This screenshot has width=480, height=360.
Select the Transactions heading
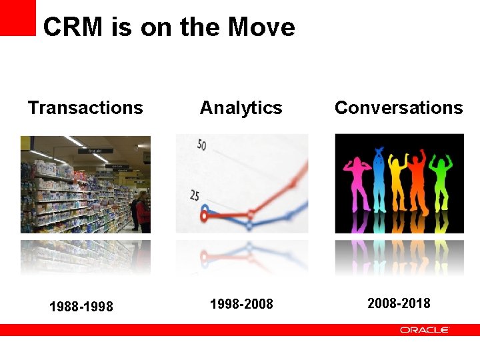pyautogui.click(x=85, y=108)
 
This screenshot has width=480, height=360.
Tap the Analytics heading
pyautogui.click(x=241, y=108)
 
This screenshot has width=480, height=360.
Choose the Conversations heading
pyautogui.click(x=398, y=108)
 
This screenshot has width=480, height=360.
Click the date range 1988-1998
pyautogui.click(x=81, y=307)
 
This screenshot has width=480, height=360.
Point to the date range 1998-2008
pyautogui.click(x=241, y=304)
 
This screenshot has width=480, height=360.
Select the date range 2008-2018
pyautogui.click(x=399, y=303)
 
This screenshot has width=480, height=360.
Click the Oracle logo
pyautogui.click(x=424, y=330)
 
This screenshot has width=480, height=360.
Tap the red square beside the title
pyautogui.click(x=17, y=17)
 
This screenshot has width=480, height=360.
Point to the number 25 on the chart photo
pyautogui.click(x=195, y=195)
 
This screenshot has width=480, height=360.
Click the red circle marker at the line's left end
pyautogui.click(x=205, y=215)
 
